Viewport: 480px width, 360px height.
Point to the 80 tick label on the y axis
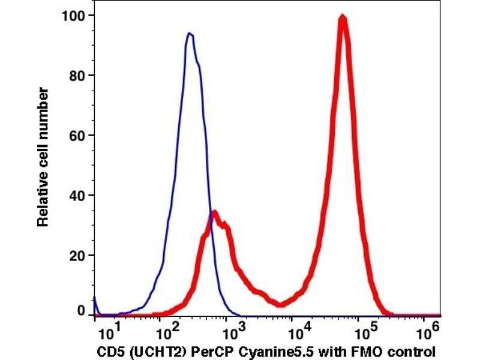pyautogui.click(x=76, y=76)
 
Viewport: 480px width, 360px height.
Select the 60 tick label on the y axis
pyautogui.click(x=76, y=136)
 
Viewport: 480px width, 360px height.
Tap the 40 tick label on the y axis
pyautogui.click(x=76, y=196)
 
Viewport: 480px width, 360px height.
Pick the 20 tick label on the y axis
pyautogui.click(x=76, y=256)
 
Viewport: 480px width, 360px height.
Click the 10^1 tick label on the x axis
pyautogui.click(x=107, y=331)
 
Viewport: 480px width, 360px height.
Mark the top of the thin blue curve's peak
pyautogui.click(x=190, y=34)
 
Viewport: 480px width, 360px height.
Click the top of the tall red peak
pyautogui.click(x=342, y=17)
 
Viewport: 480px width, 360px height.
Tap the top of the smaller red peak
pyautogui.click(x=214, y=212)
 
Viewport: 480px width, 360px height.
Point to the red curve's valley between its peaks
pyautogui.click(x=281, y=304)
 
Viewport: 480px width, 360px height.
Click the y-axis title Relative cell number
pyautogui.click(x=43, y=158)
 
